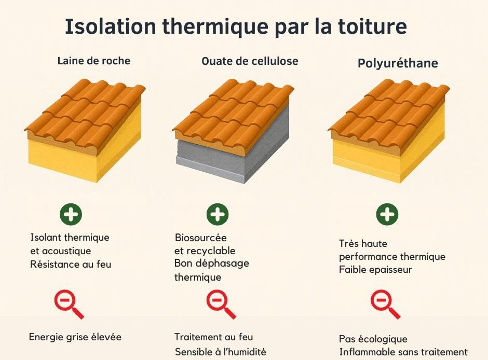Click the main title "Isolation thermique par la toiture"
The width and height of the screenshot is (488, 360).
click(x=236, y=26)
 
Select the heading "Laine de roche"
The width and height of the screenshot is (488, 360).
click(x=93, y=61)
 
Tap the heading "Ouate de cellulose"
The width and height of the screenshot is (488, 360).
click(x=250, y=61)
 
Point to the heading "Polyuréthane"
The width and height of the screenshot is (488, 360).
click(x=398, y=63)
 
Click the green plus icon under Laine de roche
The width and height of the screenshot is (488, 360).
click(x=71, y=214)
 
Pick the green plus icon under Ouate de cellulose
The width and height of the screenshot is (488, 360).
click(x=218, y=214)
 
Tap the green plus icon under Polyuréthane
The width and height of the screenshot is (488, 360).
click(x=387, y=214)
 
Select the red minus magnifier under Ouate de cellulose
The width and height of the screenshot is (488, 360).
click(x=219, y=303)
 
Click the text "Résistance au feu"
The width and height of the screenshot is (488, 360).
click(x=71, y=264)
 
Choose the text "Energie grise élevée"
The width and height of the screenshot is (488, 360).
click(x=75, y=337)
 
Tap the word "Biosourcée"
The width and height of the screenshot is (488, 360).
click(x=200, y=238)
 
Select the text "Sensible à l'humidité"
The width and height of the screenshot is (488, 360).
click(x=220, y=352)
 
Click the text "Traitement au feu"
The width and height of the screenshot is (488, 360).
click(x=213, y=337)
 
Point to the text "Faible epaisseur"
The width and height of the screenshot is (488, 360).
click(x=375, y=270)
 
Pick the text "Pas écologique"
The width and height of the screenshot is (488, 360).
click(x=373, y=339)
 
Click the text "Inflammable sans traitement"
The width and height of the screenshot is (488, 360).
click(x=403, y=352)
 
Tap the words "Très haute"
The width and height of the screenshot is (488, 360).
click(x=363, y=243)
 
